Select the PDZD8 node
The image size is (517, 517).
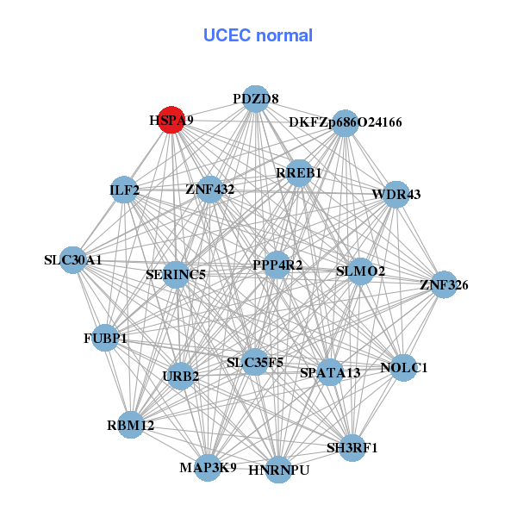click(x=255, y=99)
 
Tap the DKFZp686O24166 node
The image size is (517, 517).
click(x=345, y=122)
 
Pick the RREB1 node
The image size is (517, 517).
click(x=299, y=173)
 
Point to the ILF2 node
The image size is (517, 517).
click(x=125, y=190)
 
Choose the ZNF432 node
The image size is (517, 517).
click(x=209, y=189)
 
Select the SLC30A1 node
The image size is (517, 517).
click(x=72, y=259)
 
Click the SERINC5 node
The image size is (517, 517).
click(x=176, y=275)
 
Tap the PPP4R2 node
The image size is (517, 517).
click(x=277, y=265)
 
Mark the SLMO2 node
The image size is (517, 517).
click(x=360, y=271)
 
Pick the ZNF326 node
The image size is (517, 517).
click(x=444, y=284)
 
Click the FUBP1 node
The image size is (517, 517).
click(x=105, y=339)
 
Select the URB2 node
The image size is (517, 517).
click(x=180, y=376)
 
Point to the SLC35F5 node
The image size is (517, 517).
click(x=255, y=363)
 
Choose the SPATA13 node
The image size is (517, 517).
click(x=330, y=373)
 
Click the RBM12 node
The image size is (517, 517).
click(x=130, y=425)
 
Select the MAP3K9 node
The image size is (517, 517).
click(x=208, y=468)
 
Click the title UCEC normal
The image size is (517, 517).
click(x=258, y=35)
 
